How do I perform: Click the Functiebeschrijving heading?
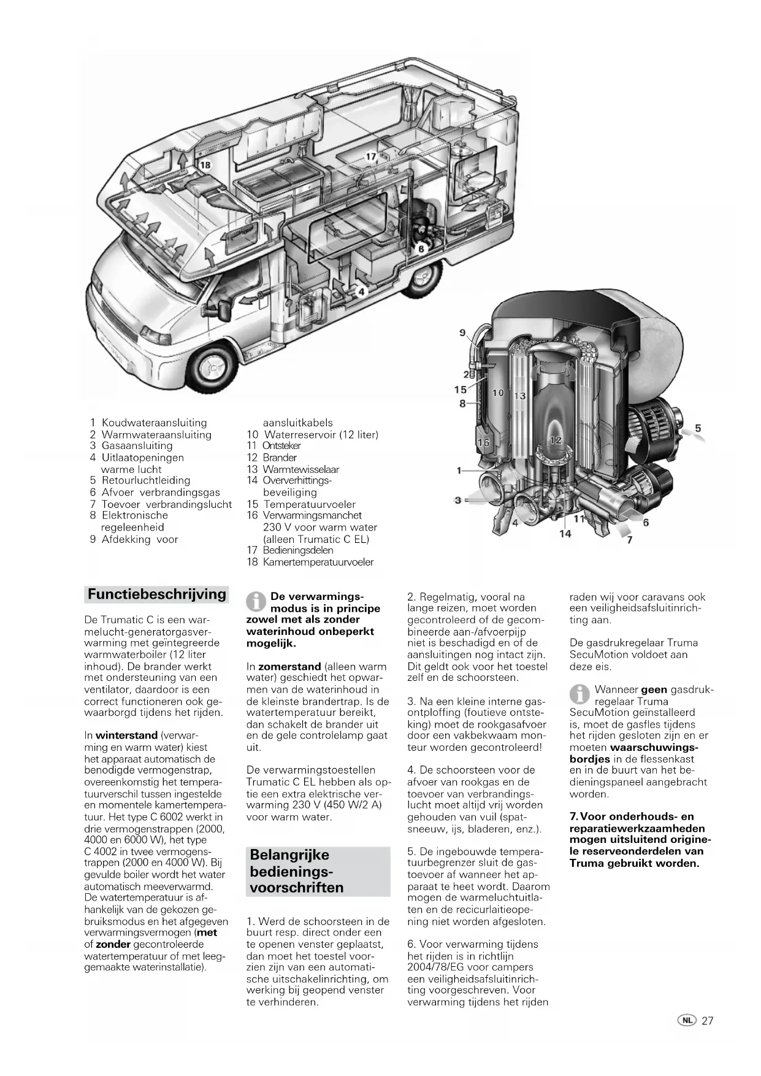pos(156,594)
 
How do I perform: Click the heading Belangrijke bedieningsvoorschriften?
pos(297,871)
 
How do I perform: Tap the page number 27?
pos(708,1021)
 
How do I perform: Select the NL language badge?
pos(687,1021)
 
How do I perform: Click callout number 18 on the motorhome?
pos(205,164)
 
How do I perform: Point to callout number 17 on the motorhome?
pos(371,156)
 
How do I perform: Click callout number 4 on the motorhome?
pos(362,291)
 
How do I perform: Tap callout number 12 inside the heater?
pos(556,440)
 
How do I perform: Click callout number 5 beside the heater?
pos(698,428)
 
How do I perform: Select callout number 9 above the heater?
pos(462,332)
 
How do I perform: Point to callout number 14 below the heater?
pos(565,534)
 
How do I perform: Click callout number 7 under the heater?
pos(630,540)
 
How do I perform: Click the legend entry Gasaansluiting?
pos(137,446)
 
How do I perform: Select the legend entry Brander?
pos(279,458)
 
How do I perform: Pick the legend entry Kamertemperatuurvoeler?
pos(318,562)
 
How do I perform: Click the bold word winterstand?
pos(127,735)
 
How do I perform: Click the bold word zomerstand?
pos(289,666)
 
